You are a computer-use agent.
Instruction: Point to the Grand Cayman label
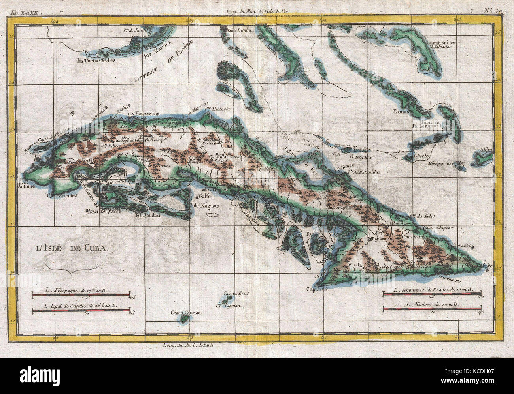click(x=186, y=313)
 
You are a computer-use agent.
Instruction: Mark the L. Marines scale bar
click(x=432, y=308)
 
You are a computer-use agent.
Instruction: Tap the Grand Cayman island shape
click(x=184, y=318)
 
